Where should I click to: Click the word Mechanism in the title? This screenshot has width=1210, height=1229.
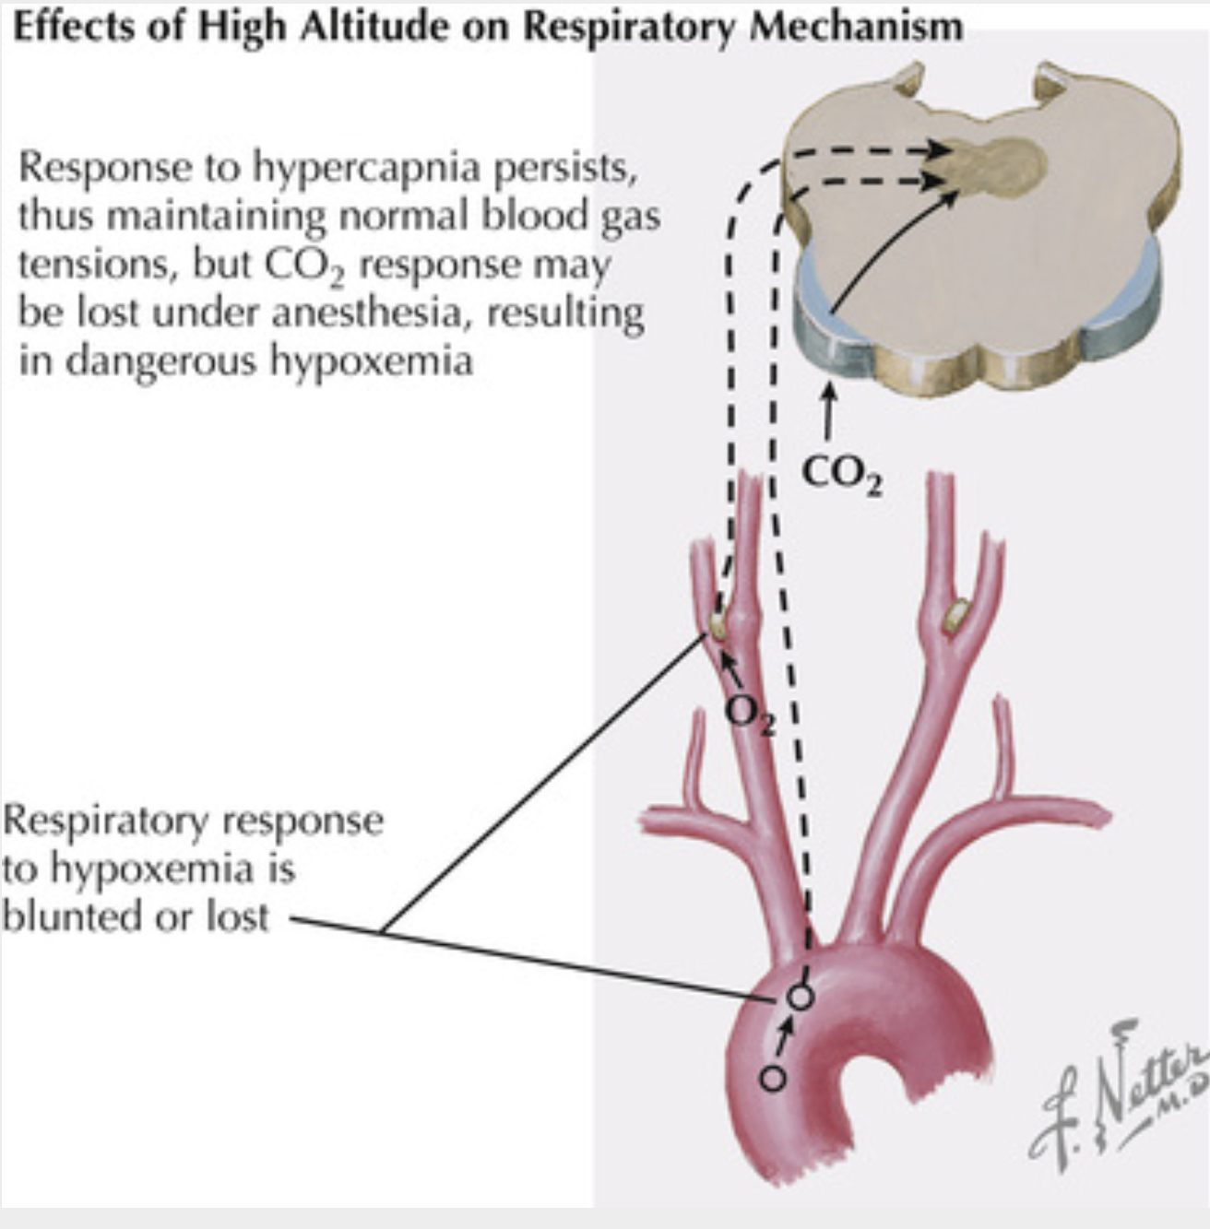pos(855,26)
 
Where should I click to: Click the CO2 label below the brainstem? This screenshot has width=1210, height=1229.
pos(839,474)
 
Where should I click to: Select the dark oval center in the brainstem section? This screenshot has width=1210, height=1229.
pos(1005,166)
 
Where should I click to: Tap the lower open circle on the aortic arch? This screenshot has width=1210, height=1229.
pos(774,1077)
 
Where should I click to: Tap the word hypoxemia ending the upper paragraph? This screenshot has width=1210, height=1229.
pos(371,361)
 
